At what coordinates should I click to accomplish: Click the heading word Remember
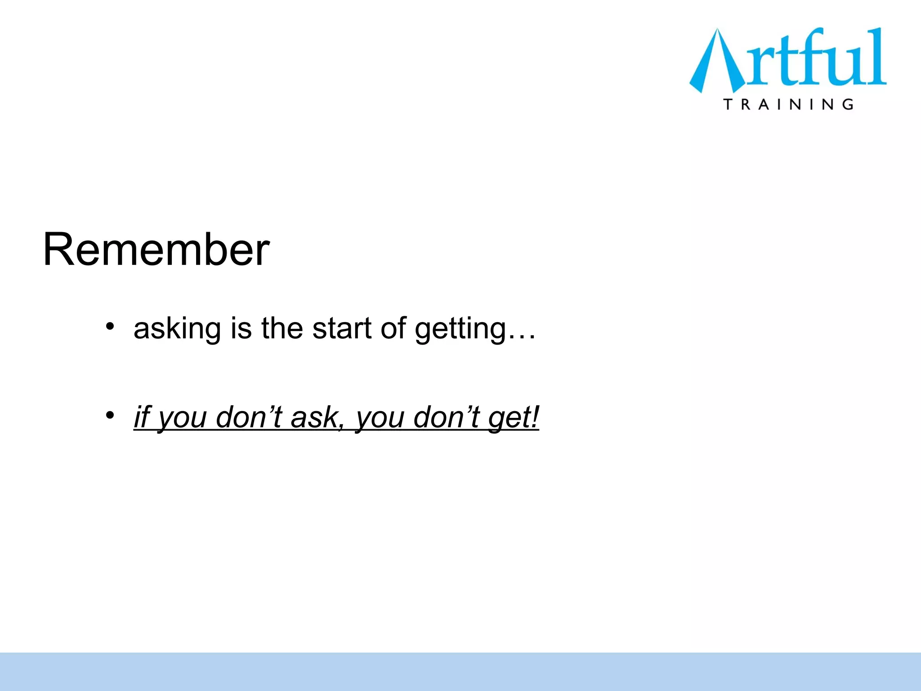pyautogui.click(x=156, y=250)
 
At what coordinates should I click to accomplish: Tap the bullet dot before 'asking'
pyautogui.click(x=110, y=326)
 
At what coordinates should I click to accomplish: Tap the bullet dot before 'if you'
pyautogui.click(x=110, y=415)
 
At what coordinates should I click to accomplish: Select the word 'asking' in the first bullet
pyautogui.click(x=177, y=329)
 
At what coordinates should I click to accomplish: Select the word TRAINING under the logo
pyautogui.click(x=788, y=104)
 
